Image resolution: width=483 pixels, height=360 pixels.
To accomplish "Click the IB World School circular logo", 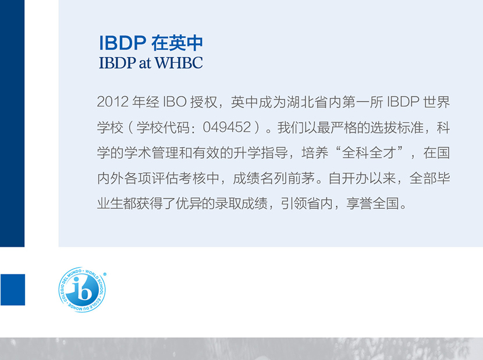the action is pos(82,290).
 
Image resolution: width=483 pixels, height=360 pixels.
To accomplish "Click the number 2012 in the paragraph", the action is pos(113,102).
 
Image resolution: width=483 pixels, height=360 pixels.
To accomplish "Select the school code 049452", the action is pos(227,127).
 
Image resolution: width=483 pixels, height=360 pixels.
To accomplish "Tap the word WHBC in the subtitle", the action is pos(179,63).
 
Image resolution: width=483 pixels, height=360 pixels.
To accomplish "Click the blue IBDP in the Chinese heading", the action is pos(123,43).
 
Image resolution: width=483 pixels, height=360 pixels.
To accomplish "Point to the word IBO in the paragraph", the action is pos(175,102).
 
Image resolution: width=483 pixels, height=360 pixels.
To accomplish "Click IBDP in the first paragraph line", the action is pos(403,102).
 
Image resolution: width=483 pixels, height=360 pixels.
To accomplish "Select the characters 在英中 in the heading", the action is pos(177,43).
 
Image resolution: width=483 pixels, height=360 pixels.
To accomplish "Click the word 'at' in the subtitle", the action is pos(145,63).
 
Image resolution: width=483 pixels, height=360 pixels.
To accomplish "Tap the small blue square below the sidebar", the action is pos(13,290).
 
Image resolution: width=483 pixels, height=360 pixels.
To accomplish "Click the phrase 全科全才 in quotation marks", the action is pos(369,153).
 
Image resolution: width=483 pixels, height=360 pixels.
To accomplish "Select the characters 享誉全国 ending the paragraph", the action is pos(372,204).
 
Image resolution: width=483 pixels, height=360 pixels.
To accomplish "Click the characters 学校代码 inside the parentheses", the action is pos(163,127).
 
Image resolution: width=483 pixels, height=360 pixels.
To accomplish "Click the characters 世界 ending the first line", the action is pos(436,102).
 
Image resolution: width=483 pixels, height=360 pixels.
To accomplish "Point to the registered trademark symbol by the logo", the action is pos(105,274).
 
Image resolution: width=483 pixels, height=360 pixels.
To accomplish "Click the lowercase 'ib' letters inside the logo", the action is pos(81,288).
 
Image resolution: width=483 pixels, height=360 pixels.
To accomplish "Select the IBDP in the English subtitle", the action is pos(118,63).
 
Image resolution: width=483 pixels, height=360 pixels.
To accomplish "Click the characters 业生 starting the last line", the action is pos(111,204).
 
